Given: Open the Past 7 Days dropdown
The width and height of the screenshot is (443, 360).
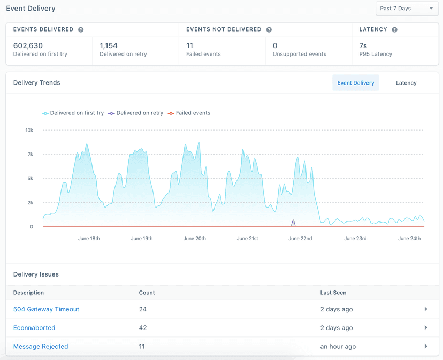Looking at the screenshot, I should point(407,9).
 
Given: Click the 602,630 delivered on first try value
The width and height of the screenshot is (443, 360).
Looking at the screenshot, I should point(28,45).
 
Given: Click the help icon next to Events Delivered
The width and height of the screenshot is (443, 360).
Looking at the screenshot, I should point(81,30).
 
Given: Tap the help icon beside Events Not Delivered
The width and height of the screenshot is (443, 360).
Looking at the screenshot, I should point(269,30).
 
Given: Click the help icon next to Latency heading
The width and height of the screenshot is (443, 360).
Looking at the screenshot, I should point(394,30).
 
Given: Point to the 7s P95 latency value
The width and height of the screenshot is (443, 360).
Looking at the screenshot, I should point(363,45).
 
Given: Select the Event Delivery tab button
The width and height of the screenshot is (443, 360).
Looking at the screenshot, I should point(355,83).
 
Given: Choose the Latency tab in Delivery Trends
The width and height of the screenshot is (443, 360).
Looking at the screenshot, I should point(406,83).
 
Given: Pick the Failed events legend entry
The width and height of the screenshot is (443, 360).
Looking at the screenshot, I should point(189,113).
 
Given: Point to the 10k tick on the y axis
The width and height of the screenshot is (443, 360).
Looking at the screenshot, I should point(29,131).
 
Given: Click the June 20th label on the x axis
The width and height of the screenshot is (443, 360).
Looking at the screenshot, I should point(194,239).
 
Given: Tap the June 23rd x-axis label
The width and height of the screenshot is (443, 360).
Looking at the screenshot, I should point(355,239).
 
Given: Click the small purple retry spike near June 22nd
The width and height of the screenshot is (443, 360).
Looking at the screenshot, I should point(293,222).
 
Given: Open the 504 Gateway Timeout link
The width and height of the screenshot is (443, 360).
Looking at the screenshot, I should point(46,309).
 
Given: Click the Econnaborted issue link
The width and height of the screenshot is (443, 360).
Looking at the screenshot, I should point(34,328).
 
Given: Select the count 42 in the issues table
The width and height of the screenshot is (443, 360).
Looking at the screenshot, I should point(143,328).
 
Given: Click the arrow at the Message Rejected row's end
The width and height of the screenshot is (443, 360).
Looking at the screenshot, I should point(426,347).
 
